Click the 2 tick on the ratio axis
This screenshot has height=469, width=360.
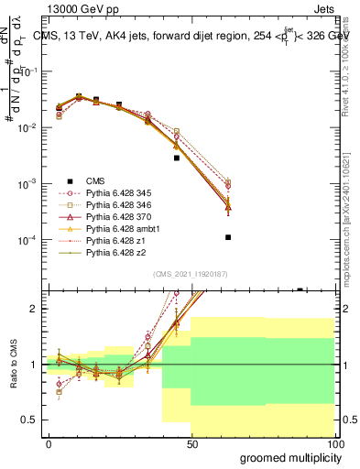[x=36, y=309]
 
